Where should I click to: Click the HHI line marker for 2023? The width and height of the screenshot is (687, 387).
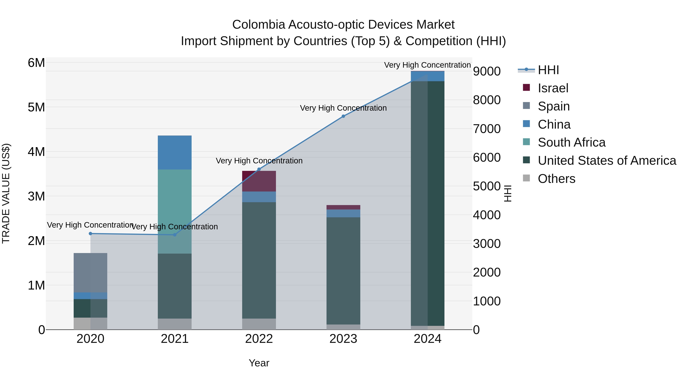tap(343, 116)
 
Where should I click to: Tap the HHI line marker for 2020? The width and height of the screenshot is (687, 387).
tap(90, 234)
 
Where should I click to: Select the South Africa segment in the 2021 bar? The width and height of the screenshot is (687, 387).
tap(175, 211)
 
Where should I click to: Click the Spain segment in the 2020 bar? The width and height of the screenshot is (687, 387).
tap(90, 272)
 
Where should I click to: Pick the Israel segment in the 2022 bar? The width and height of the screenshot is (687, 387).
tap(259, 181)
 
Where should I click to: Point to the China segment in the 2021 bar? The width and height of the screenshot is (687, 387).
tap(175, 152)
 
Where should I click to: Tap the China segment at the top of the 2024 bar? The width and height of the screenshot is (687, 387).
tap(427, 76)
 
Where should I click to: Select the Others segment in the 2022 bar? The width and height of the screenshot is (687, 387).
tap(259, 324)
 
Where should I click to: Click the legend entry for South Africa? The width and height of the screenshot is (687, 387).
tap(571, 142)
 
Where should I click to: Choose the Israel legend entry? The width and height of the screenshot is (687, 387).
tap(553, 88)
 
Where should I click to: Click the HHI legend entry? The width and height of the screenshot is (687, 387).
tap(548, 70)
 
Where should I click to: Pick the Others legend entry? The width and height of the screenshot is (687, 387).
tap(556, 179)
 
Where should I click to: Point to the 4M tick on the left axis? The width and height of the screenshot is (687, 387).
tap(36, 152)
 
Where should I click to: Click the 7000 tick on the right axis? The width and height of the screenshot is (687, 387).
tap(487, 129)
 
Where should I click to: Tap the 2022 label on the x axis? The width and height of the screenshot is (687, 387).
tap(259, 339)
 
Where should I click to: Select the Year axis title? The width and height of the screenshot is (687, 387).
tap(259, 363)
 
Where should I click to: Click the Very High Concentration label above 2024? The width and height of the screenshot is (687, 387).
tap(427, 65)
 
